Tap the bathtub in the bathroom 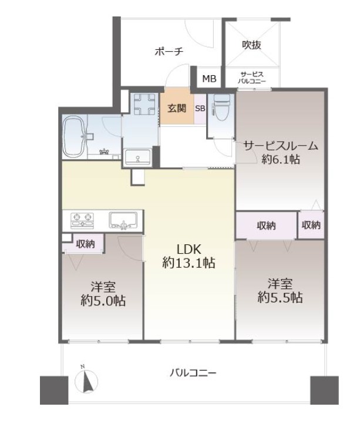tap(73, 137)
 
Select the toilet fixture tap(222, 107)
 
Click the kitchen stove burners tap(82, 220)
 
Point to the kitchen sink tap(123, 220)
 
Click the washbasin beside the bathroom tap(137, 157)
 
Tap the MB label tap(209, 79)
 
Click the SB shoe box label tap(200, 109)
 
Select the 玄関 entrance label tap(177, 108)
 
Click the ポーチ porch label tap(169, 51)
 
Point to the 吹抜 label tap(251, 45)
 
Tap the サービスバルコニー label tap(251, 78)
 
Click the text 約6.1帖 tap(281, 159)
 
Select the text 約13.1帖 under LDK tap(189, 263)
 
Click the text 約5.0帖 tap(103, 301)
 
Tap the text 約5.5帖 tap(280, 297)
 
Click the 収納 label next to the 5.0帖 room tap(85, 244)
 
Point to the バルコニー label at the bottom tap(193, 372)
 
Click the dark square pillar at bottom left tap(54, 390)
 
